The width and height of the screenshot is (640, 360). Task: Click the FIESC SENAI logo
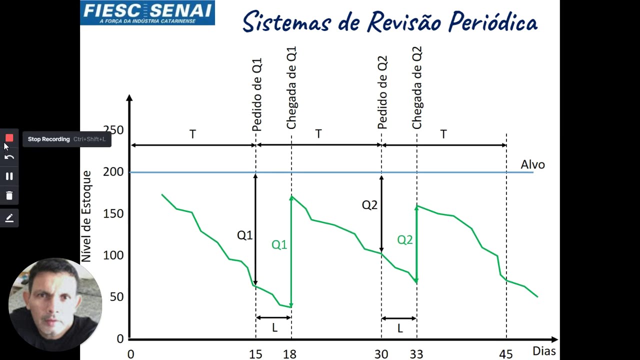coord(147,13)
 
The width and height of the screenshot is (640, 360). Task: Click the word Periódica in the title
coord(492,22)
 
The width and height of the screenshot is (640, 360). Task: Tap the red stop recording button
coord(9,138)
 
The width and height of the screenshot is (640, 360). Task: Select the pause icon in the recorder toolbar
coord(9,176)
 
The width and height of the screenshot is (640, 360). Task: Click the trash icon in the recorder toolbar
coord(9,195)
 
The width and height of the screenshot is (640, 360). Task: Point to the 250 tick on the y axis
coord(113,130)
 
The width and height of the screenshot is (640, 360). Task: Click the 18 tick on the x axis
coord(289,354)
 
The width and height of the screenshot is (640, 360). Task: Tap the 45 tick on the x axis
coord(505,354)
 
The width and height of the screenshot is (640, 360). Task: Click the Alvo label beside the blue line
coord(532,164)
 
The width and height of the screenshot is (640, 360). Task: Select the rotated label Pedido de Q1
coord(257,95)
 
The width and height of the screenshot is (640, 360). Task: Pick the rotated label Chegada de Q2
coord(417,88)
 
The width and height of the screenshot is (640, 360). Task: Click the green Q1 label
coord(279,244)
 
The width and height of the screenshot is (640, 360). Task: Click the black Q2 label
coord(369,205)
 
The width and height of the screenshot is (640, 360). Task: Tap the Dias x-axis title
coord(544,351)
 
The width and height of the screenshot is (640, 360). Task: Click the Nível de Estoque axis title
coord(86,216)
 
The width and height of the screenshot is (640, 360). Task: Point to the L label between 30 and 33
coord(400,328)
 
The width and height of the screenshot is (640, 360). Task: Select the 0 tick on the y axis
coord(120,338)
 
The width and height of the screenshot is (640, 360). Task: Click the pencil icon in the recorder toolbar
coord(9,218)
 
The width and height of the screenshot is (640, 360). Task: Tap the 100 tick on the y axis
coord(113,255)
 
